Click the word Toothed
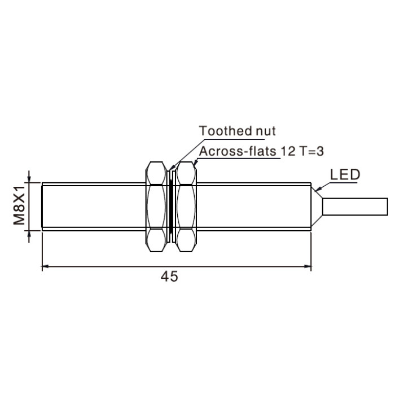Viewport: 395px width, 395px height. click(226, 131)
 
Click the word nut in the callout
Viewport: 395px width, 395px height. click(266, 131)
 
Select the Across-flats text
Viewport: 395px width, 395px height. click(238, 151)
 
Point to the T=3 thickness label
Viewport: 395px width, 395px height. click(311, 151)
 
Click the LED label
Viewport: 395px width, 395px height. click(345, 174)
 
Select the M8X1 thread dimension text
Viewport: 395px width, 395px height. click(20, 205)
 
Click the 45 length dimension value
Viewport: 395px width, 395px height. click(169, 276)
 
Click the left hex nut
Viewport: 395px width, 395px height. click(156, 207)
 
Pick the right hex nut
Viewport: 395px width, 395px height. click(186, 207)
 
